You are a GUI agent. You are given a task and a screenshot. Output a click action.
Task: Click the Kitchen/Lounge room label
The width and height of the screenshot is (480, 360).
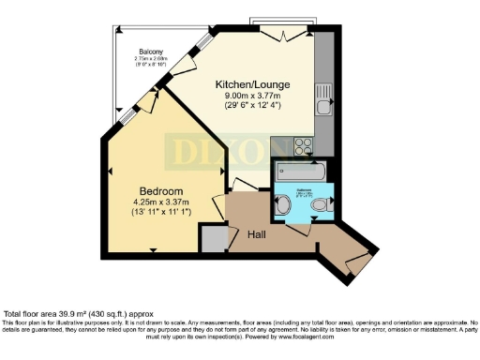(252, 84)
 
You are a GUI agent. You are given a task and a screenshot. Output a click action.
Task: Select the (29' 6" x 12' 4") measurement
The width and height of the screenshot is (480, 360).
(252, 107)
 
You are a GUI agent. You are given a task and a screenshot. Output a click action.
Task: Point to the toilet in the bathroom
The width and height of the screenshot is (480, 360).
(322, 204)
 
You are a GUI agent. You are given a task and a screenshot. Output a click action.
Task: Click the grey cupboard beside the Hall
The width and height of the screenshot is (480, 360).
(214, 238)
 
